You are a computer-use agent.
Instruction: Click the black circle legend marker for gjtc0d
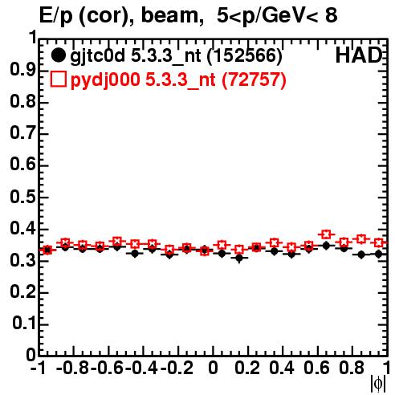click(x=58, y=55)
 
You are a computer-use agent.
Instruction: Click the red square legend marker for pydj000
click(x=58, y=79)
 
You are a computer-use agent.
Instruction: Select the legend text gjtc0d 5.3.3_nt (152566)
click(x=176, y=56)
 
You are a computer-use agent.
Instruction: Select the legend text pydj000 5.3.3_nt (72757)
click(x=178, y=80)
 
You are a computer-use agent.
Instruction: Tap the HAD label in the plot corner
click(x=358, y=55)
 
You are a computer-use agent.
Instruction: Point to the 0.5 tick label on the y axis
click(x=22, y=197)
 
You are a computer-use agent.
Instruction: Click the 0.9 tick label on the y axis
click(x=22, y=70)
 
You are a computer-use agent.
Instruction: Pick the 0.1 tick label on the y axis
click(x=24, y=324)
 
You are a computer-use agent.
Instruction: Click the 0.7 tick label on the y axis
click(x=22, y=133)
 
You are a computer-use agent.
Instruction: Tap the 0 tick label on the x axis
click(x=213, y=368)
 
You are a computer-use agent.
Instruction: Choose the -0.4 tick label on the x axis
click(x=141, y=368)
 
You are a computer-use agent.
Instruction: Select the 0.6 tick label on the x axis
click(x=316, y=368)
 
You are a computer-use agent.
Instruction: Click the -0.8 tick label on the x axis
click(x=73, y=368)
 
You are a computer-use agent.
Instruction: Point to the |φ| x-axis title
click(x=378, y=384)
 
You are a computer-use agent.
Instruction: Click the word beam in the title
click(x=169, y=15)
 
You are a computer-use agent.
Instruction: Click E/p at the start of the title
click(x=55, y=16)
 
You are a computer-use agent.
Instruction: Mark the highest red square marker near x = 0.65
click(x=325, y=234)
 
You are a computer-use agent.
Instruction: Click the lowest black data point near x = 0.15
click(x=239, y=258)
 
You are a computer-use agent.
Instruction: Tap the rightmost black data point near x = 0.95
click(x=378, y=254)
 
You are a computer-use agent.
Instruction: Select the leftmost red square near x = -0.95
click(x=47, y=250)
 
